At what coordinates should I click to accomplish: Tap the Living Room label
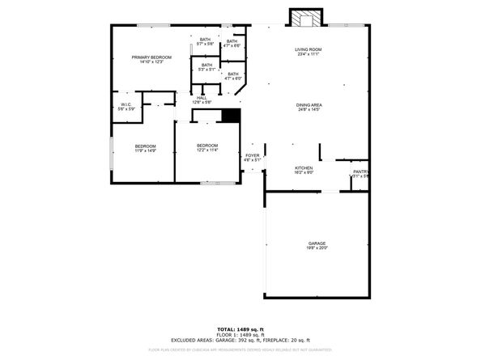click(309, 50)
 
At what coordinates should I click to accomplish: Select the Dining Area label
click(309, 104)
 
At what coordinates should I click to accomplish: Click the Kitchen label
click(304, 168)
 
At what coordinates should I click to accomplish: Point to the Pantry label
click(360, 172)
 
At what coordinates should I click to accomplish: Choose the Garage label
click(316, 244)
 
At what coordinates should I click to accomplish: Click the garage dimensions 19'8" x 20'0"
click(316, 248)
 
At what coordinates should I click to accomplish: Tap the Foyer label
click(253, 155)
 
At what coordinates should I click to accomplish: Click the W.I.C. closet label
click(126, 104)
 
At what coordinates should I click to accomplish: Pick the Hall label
click(202, 98)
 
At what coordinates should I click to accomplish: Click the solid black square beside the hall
click(231, 116)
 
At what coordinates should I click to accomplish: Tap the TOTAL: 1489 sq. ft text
click(240, 329)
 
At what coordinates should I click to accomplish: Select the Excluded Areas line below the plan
click(240, 341)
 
